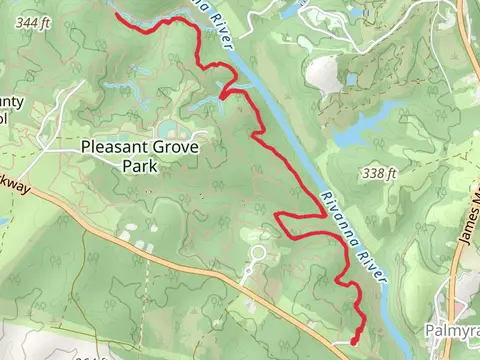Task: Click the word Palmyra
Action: pos(454,328)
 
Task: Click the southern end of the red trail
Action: pos(354,342)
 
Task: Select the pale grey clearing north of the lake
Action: pos(324,73)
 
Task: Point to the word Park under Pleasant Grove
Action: pos(140,166)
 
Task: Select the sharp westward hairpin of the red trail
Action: pos(279,224)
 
